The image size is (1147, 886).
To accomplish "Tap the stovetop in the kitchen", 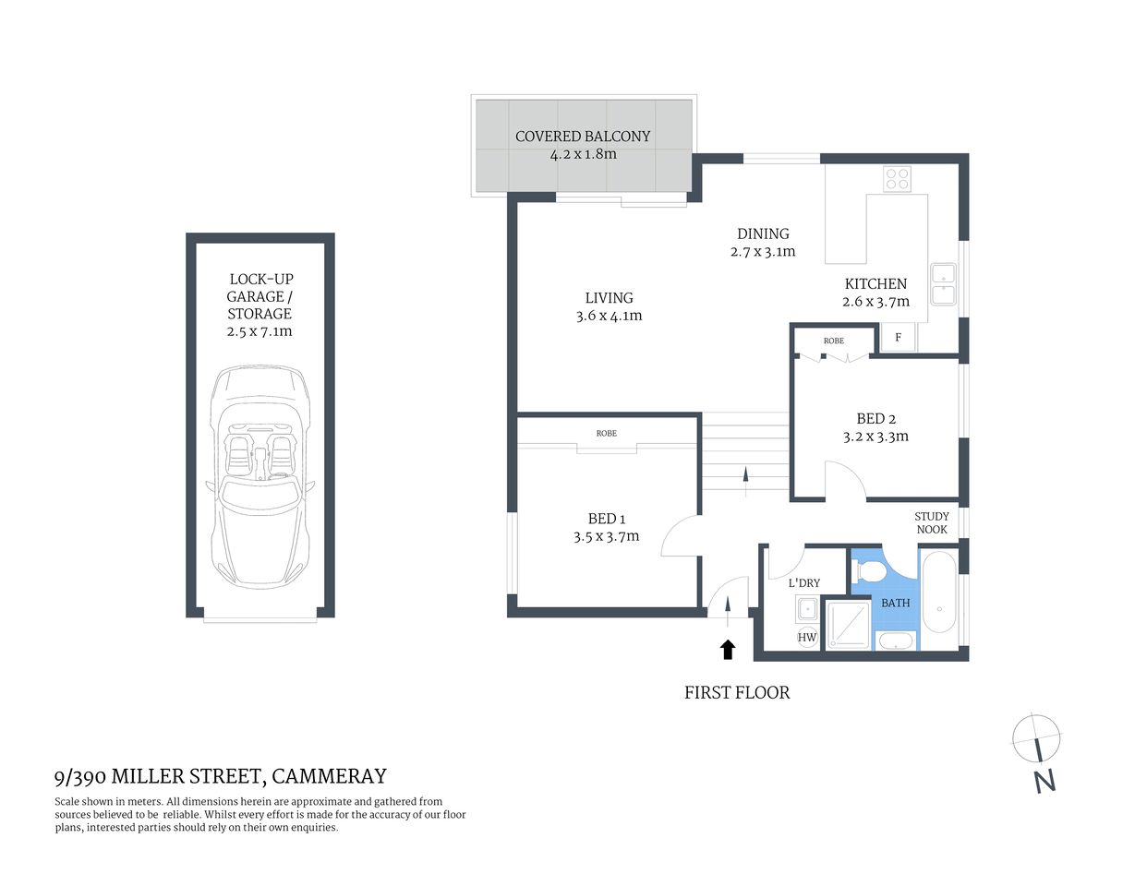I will tap(896, 178).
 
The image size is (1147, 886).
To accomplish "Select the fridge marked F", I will tap(898, 338).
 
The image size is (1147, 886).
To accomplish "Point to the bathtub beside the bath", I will tap(939, 592).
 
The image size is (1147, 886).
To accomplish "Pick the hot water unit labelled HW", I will tap(807, 637).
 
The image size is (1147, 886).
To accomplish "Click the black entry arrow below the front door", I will tap(728, 649).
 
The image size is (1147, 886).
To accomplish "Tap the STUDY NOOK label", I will tap(932, 523).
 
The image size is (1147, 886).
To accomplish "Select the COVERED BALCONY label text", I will tap(583, 137).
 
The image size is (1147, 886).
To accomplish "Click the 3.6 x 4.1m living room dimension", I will tap(609, 316).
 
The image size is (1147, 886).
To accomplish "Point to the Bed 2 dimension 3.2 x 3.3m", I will tap(875, 437).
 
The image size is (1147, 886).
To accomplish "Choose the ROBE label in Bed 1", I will tap(606, 433).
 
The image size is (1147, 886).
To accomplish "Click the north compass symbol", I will tap(1037, 739).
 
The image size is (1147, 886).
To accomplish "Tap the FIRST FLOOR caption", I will tap(737, 692).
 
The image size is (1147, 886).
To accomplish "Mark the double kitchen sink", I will tap(943, 284).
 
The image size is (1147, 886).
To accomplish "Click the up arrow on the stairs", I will tap(745, 474).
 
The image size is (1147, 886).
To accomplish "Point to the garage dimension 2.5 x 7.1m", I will tap(260, 331).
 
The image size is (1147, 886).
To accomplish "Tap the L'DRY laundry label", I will tap(803, 583).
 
